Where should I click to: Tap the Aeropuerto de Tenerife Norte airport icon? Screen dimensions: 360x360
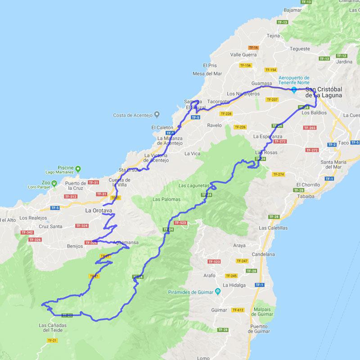pos(294,90)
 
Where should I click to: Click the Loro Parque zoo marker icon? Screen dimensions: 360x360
pos(54,183)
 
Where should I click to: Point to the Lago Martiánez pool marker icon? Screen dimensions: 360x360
pos(78,169)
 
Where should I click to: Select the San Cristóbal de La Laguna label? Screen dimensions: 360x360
pos(323,92)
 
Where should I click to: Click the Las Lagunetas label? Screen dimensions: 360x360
pos(193,185)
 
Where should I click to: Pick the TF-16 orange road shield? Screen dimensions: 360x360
pos(253,47)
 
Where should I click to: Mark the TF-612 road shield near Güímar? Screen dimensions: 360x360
pos(238,310)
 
